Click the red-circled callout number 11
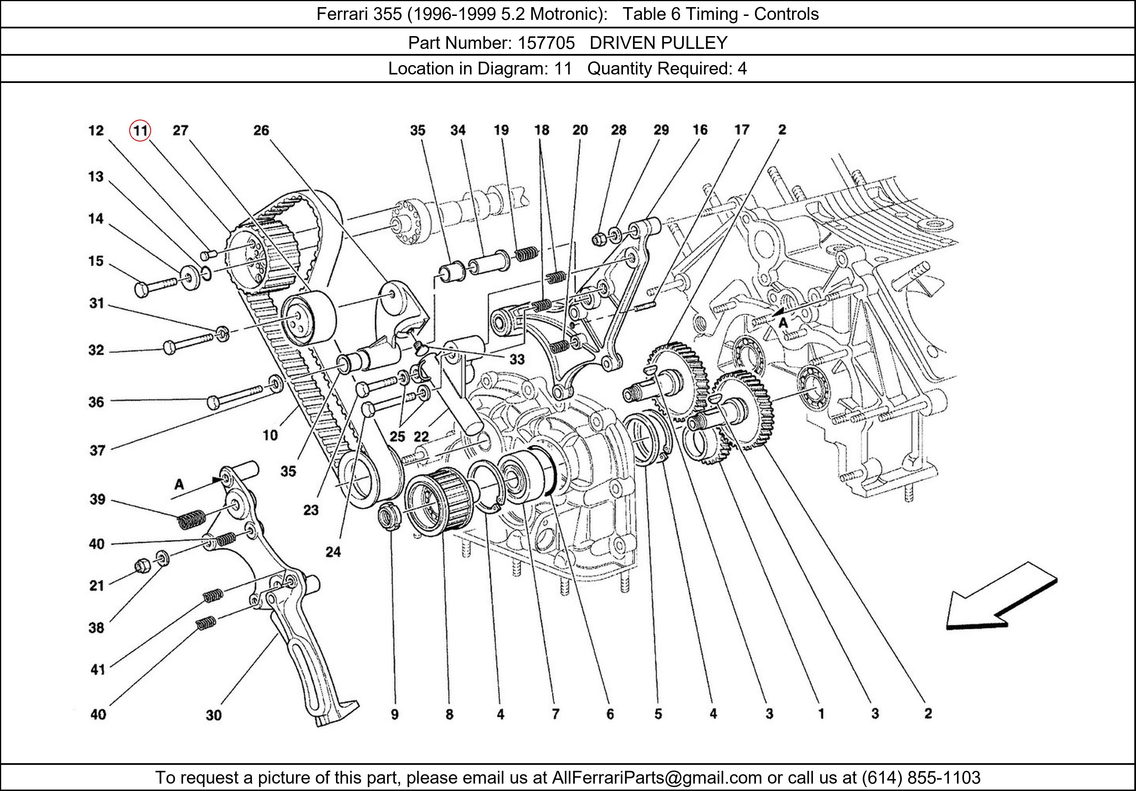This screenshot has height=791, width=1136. click(140, 131)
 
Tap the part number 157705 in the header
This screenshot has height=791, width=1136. click(546, 43)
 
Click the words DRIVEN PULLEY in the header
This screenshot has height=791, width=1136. click(658, 43)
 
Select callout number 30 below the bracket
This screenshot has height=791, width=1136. click(214, 715)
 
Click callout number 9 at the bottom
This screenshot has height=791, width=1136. click(394, 714)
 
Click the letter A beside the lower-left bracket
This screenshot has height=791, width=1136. click(179, 485)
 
